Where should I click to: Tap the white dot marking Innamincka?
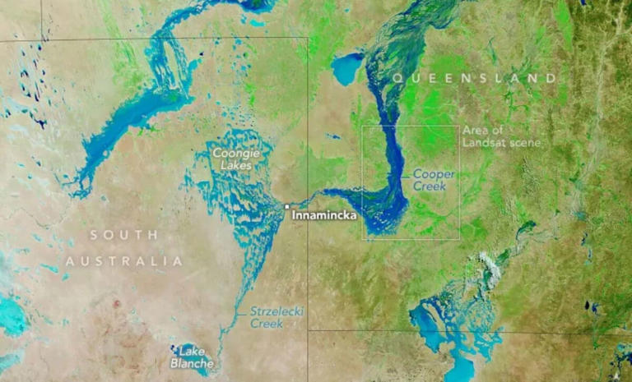(286, 206)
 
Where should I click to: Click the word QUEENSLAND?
(474, 78)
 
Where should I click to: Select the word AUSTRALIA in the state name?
(123, 261)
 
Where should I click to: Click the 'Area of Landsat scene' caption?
(501, 136)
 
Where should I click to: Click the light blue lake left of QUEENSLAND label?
(348, 68)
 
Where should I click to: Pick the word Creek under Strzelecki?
(267, 324)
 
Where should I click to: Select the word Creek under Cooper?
(430, 187)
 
